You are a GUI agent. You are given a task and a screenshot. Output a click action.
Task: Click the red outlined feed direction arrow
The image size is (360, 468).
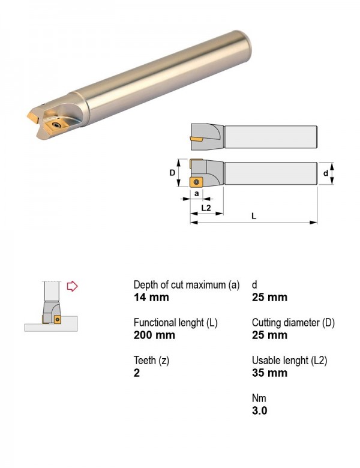[x=72, y=286]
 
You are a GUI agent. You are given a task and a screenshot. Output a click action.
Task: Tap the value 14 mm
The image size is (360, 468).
[x=151, y=297]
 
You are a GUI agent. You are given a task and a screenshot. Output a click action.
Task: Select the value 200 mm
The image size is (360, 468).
[x=154, y=335]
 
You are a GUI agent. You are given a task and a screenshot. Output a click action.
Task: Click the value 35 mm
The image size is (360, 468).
[x=269, y=373]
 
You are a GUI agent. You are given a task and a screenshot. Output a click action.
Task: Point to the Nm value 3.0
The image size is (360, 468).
[x=259, y=410]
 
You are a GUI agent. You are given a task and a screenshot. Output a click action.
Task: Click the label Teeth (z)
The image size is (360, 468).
[x=151, y=360]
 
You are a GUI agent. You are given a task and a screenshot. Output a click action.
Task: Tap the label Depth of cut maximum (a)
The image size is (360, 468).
[x=187, y=285]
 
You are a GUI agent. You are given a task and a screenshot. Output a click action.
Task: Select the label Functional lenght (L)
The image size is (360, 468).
[x=176, y=323]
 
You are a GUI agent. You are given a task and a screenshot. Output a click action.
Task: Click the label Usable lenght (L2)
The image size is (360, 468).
[x=289, y=360]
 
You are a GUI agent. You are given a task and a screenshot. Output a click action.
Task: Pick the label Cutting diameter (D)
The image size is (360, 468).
[x=293, y=323]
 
